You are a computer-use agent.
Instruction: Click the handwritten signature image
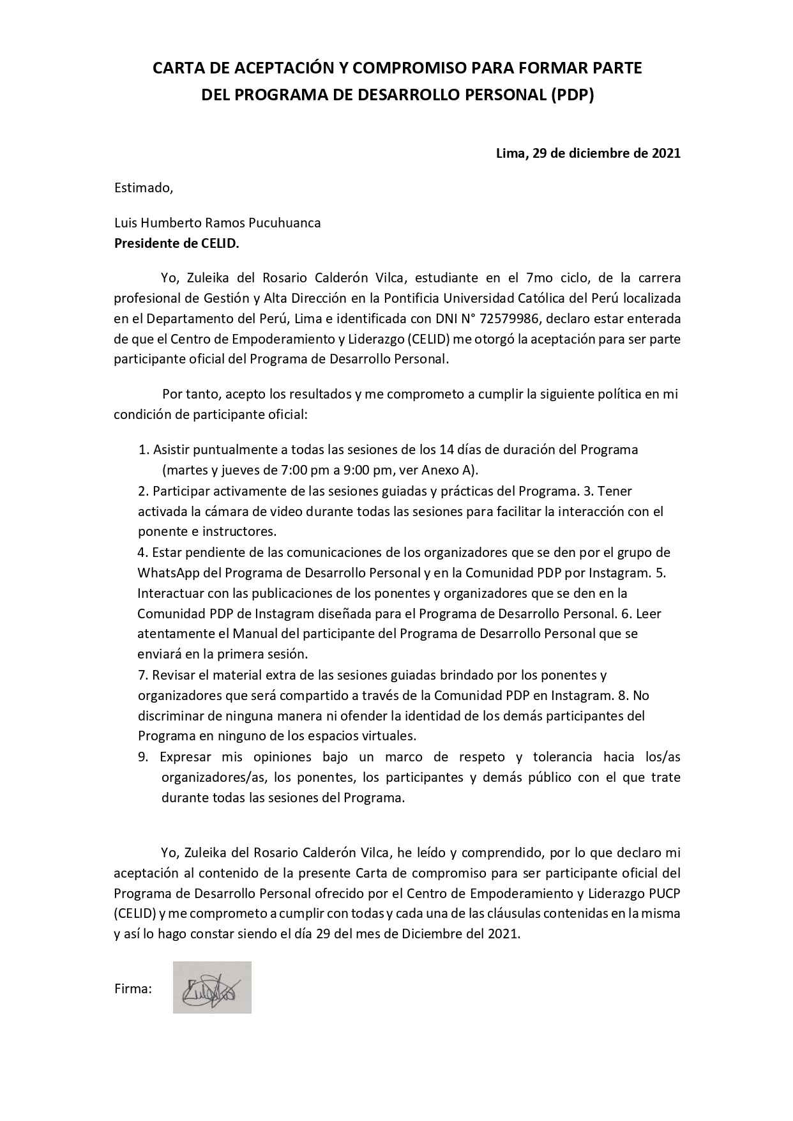point(211,987)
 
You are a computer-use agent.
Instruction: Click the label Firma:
point(133,989)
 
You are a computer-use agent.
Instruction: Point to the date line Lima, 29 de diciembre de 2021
point(588,153)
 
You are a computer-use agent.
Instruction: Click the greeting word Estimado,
point(144,188)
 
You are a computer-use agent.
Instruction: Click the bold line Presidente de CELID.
point(177,243)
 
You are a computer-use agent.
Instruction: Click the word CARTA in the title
point(176,68)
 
